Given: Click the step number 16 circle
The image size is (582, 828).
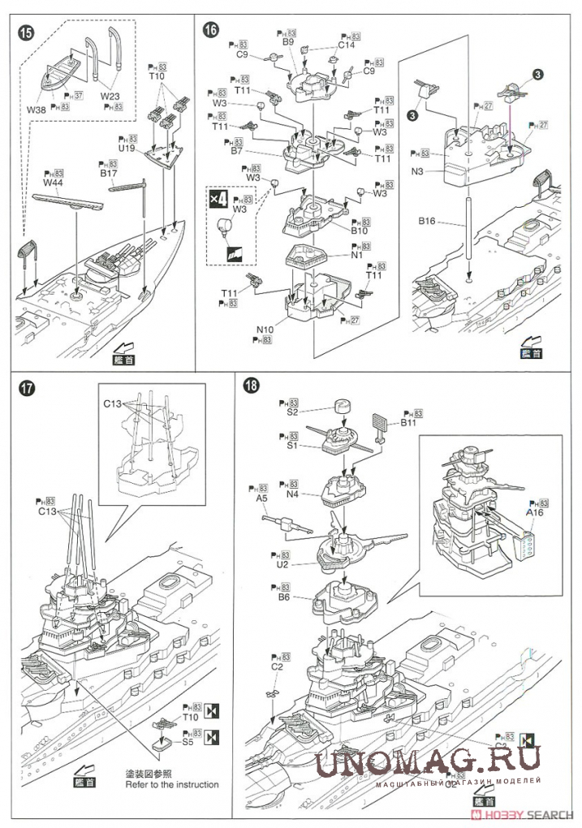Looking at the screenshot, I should [211, 29].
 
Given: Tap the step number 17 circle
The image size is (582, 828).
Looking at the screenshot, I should [26, 389].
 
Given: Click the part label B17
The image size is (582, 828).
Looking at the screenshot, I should [109, 173].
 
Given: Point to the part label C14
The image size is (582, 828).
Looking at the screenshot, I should [347, 46].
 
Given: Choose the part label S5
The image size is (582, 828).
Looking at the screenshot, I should [187, 741].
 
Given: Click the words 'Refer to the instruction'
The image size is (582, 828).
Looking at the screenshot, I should [171, 784].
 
